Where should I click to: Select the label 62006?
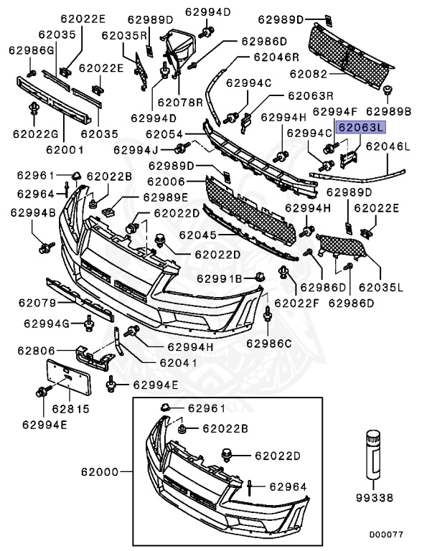pyautogui.click(x=167, y=183)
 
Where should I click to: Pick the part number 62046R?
pyautogui.click(x=274, y=56)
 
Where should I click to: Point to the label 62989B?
pyautogui.click(x=388, y=112)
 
